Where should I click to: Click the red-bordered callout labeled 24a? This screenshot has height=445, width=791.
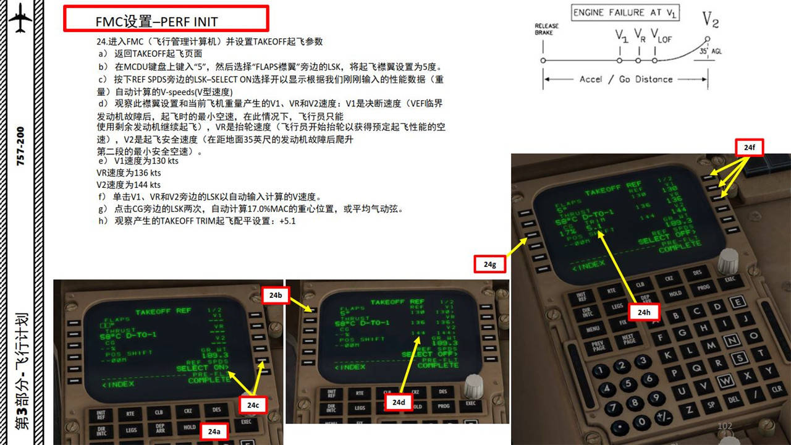click(214, 431)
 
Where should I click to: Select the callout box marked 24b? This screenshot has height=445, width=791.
click(276, 295)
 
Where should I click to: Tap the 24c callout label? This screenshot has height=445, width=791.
click(253, 405)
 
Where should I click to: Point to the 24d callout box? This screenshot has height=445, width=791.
click(399, 402)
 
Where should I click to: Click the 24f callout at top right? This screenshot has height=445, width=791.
click(749, 148)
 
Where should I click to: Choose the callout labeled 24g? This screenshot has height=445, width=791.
click(490, 264)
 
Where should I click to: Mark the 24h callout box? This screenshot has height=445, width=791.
click(645, 313)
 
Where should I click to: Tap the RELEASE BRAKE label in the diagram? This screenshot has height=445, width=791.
click(546, 29)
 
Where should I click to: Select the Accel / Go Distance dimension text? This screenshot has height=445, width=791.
click(625, 79)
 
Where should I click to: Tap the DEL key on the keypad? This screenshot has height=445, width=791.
click(734, 400)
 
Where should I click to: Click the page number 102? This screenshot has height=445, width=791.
click(724, 426)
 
